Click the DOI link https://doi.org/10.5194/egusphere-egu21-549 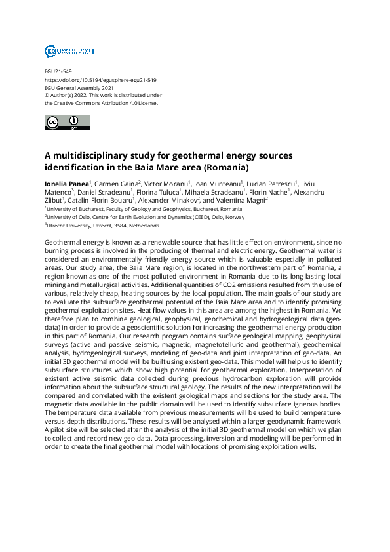tap(100, 79)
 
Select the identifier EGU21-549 tap(58, 71)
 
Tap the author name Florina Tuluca tap(158, 192)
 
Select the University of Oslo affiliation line tap(145, 217)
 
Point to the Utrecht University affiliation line tap(102, 226)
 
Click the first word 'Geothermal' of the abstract tap(64, 243)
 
